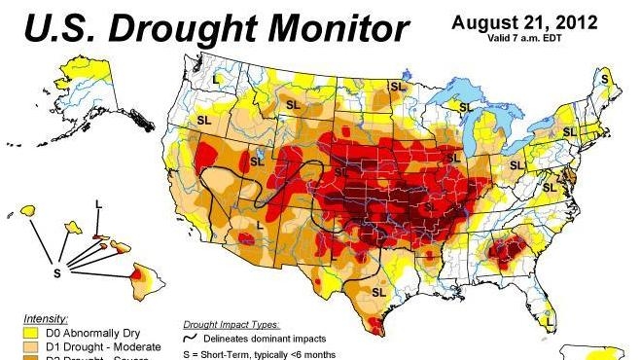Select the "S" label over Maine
[x=605, y=78]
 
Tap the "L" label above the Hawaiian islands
[x=98, y=202]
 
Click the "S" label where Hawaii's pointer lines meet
[x=57, y=273]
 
